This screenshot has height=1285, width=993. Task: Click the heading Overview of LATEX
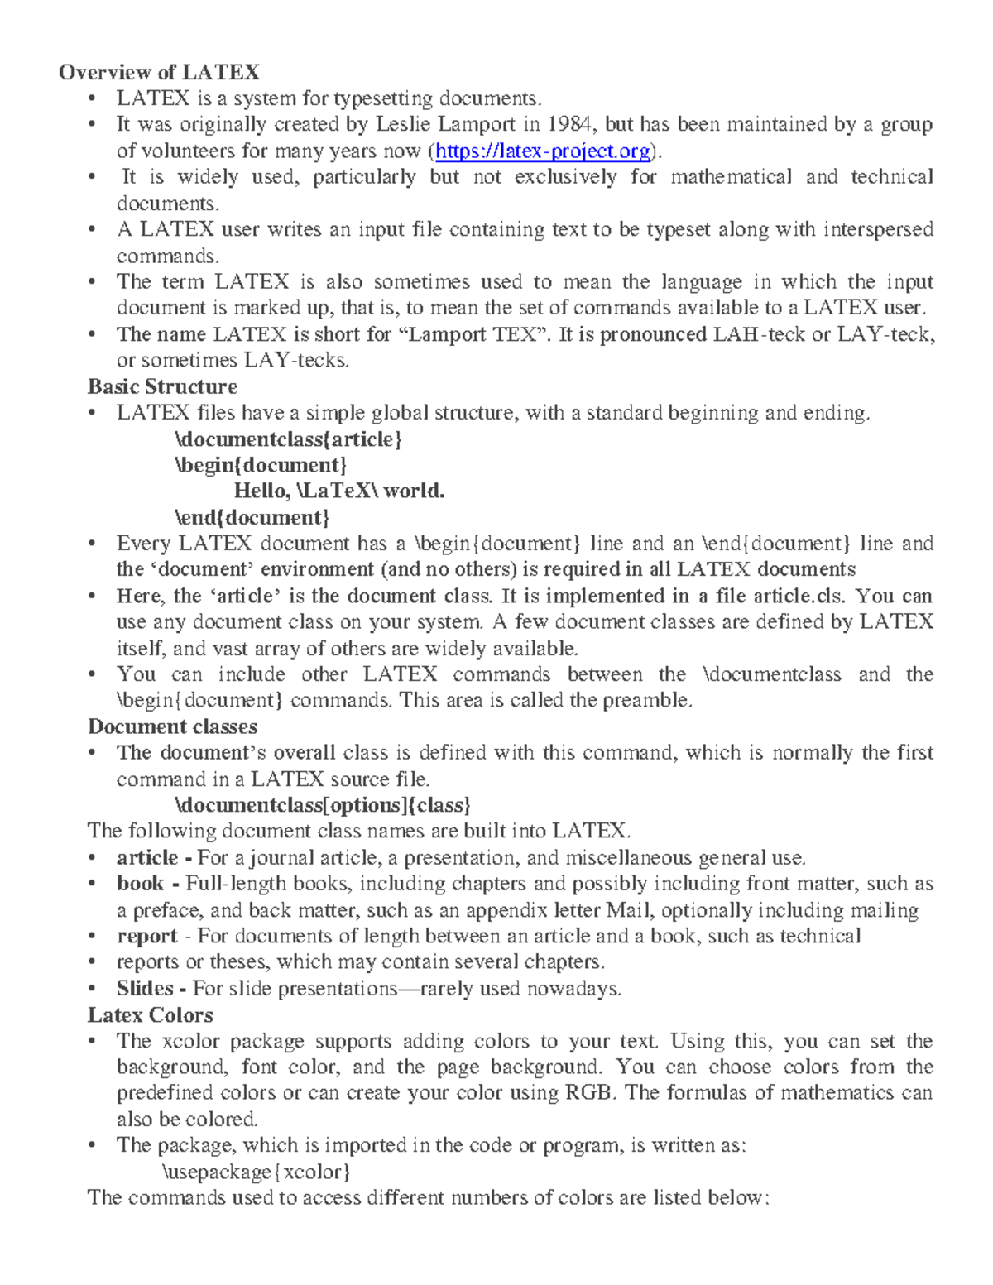[159, 72]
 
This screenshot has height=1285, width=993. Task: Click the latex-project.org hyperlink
[543, 151]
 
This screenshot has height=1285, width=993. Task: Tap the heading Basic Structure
[162, 386]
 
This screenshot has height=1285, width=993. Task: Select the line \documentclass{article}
[288, 439]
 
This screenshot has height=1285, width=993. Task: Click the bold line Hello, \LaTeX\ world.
[339, 491]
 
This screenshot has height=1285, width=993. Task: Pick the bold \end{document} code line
[252, 517]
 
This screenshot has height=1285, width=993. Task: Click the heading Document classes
[172, 726]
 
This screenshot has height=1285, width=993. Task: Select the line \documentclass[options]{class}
[323, 805]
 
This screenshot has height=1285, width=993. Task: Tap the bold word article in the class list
[147, 857]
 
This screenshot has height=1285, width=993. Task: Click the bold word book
[140, 884]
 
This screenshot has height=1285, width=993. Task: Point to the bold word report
[147, 936]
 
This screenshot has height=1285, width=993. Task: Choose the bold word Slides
[145, 988]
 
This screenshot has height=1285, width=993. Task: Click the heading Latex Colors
[150, 1014]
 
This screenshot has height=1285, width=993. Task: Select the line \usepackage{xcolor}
[257, 1172]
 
